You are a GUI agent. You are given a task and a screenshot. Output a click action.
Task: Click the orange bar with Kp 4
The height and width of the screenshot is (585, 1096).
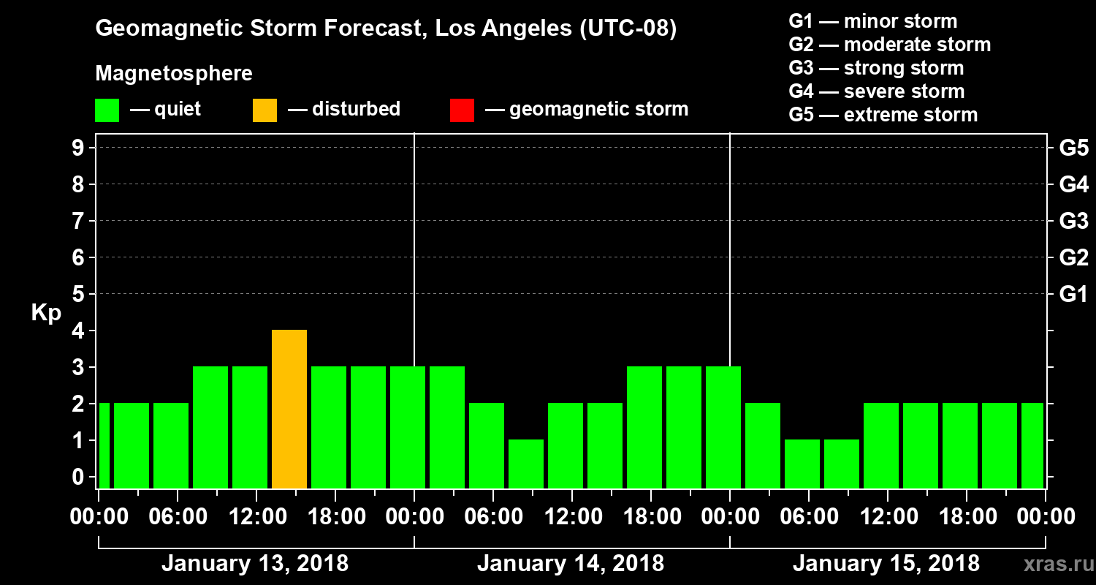(289, 409)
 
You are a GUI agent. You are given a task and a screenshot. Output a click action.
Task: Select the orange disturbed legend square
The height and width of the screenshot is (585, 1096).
(265, 110)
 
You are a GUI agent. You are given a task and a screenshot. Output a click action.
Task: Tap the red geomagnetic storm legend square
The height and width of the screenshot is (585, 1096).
(462, 110)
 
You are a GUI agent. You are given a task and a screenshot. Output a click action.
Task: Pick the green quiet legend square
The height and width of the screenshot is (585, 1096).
(107, 110)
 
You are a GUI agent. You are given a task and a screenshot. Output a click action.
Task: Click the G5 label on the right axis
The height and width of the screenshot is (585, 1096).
(1073, 148)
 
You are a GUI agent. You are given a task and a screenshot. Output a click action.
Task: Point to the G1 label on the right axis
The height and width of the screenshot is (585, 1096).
(1073, 295)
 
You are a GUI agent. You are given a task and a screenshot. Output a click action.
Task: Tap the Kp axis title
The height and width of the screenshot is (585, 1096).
(46, 313)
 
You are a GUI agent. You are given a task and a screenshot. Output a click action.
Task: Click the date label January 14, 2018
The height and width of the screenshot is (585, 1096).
(571, 564)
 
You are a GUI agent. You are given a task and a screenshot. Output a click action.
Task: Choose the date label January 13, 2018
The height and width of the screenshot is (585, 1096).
(255, 564)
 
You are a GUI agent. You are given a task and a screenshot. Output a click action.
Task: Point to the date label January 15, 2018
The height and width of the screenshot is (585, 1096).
(886, 564)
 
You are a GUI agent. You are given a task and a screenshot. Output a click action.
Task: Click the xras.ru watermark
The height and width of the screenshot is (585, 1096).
(1054, 564)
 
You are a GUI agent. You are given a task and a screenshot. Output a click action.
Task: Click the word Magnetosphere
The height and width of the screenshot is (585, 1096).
(174, 74)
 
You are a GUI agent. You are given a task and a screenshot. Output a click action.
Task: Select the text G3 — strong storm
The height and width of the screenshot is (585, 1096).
(876, 68)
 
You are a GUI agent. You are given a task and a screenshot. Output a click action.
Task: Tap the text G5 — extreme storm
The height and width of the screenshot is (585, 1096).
(883, 115)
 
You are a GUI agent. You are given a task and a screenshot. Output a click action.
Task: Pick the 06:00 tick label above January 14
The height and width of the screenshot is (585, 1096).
(492, 517)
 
